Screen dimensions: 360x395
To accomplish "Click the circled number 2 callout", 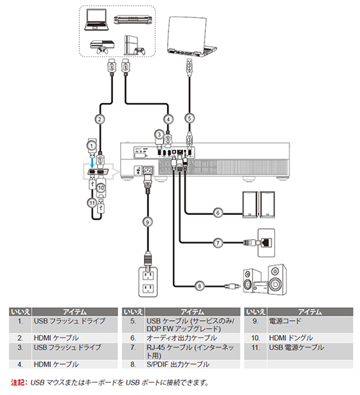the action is pos(99,119).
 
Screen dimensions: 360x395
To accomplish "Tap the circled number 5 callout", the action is pos(189,118).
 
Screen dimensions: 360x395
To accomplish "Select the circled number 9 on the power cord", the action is pos(148,222).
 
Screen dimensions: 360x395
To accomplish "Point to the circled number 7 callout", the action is pos(218,243).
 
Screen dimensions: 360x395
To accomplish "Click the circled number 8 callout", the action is pos(199,286).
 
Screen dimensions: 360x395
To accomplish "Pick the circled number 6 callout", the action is pos(218,213).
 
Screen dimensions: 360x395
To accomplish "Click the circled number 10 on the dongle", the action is pos(101,187).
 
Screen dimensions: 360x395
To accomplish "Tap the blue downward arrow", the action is pos(92,161).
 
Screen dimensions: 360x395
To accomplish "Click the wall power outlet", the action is pos(148,282).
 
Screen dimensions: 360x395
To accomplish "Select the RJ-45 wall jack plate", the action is pos(266,243).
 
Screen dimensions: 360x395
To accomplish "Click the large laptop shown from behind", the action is pos(192,36).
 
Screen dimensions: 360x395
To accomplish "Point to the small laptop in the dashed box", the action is pos(97,19).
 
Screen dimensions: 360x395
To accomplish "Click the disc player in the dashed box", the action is pos(132,19).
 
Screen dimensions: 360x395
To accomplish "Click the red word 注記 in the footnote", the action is pos(17,383).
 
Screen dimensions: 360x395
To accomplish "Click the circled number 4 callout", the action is pos(168,119).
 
